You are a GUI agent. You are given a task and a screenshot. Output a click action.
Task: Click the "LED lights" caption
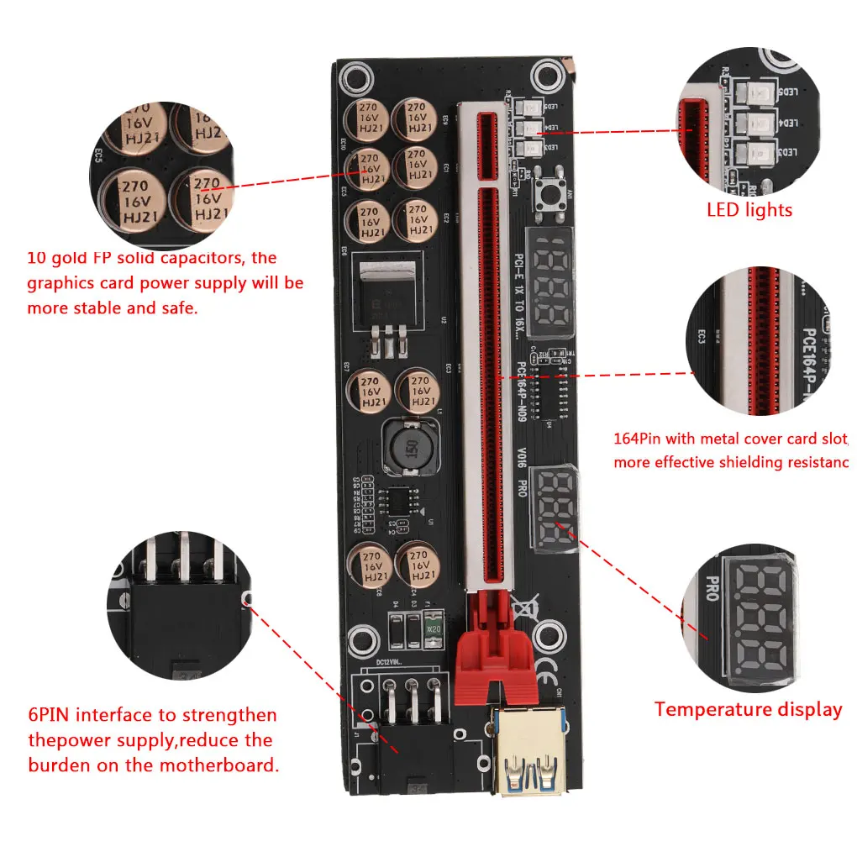pyautogui.click(x=749, y=209)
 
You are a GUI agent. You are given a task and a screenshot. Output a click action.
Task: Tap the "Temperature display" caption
pyautogui.click(x=748, y=709)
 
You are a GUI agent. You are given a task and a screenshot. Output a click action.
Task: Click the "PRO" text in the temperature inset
pyautogui.click(x=712, y=588)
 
